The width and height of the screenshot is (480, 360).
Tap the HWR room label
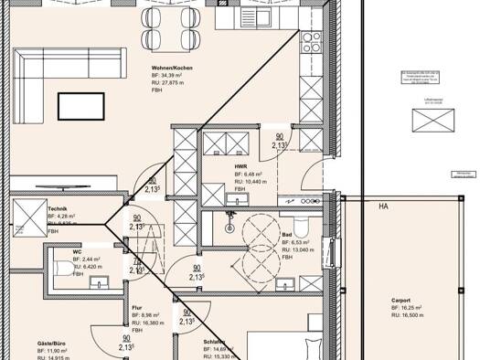click(242, 165)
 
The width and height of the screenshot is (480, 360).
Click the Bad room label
click(287, 235)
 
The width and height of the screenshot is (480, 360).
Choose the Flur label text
click(136, 308)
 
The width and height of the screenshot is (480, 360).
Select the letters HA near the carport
click(384, 206)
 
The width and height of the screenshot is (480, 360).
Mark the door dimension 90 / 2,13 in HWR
click(279, 141)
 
